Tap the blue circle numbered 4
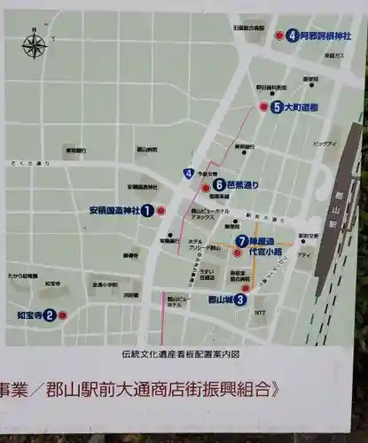tap(292, 36)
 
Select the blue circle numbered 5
tap(278, 107)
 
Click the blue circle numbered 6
tap(218, 185)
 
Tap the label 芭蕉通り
tap(243, 185)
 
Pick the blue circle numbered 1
tap(147, 211)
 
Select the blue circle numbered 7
tap(241, 240)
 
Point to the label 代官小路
tap(264, 252)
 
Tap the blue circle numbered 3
tap(241, 299)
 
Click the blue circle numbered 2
tap(50, 315)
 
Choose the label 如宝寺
tap(29, 315)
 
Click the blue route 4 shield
tap(189, 173)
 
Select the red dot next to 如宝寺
tap(62, 315)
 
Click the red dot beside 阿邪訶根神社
tap(278, 36)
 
